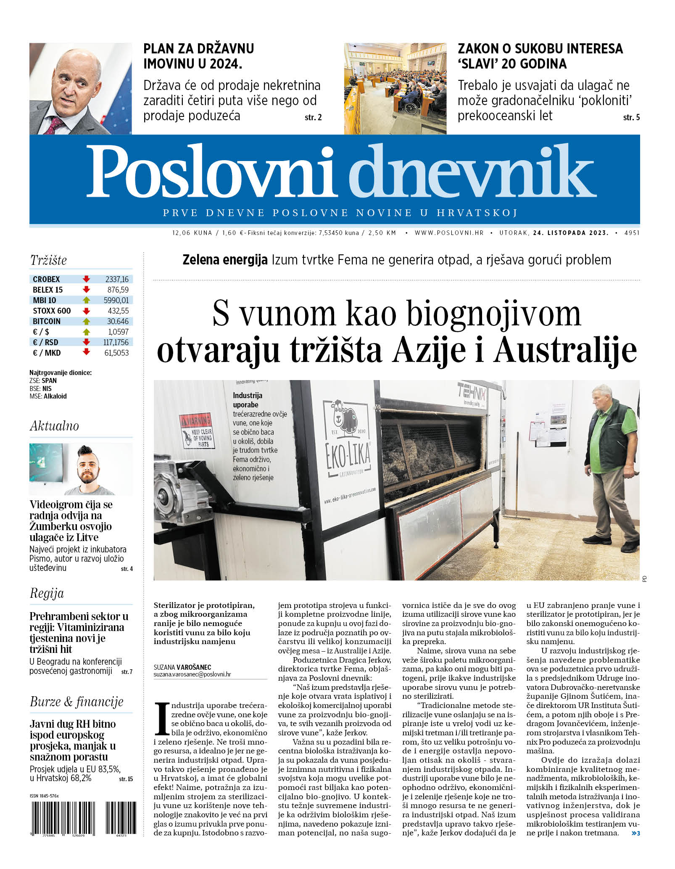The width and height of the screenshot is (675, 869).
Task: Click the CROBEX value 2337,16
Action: [117, 279]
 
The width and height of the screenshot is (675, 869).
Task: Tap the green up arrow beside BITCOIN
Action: [86, 321]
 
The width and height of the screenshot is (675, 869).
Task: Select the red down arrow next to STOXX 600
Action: [86, 311]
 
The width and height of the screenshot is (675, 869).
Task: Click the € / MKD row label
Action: [47, 353]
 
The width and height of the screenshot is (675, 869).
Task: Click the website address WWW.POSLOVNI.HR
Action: [449, 232]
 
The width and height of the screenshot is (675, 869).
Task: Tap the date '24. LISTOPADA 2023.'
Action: [570, 232]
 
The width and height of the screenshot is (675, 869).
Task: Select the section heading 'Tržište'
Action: [48, 260]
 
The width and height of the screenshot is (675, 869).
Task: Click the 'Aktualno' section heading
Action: [54, 426]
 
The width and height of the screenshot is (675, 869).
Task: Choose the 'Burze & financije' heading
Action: [76, 702]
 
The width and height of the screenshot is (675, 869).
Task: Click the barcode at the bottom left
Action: [83, 817]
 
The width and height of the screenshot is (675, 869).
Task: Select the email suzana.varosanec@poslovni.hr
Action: [192, 674]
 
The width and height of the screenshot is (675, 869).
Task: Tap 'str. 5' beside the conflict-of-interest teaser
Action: [631, 117]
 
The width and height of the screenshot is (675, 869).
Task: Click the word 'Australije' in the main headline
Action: [565, 350]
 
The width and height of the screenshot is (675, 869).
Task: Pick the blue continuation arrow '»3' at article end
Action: [635, 833]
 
